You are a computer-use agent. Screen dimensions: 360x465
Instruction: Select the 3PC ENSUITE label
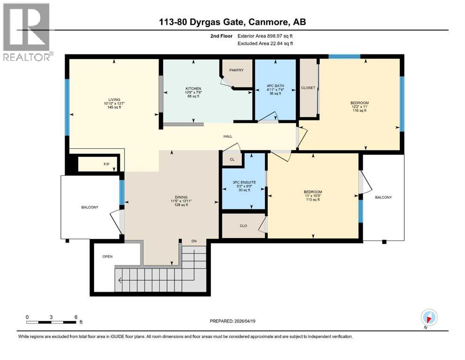pos(244,182)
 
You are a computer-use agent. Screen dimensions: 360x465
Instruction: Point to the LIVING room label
pos(114,100)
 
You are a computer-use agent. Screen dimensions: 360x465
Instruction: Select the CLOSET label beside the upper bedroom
pos(308,88)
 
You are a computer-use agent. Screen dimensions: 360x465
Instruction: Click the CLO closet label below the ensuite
pos(244,226)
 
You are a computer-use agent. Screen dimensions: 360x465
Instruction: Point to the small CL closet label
pos(232,160)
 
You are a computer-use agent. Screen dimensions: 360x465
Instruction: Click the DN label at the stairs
pos(194,241)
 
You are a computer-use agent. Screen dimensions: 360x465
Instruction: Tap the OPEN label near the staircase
pos(108,256)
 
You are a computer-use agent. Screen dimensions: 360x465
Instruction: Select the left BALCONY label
pos(89,207)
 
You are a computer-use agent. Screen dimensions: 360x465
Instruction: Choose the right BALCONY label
pos(383,198)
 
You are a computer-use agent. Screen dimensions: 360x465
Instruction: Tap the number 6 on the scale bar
pos(76,317)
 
